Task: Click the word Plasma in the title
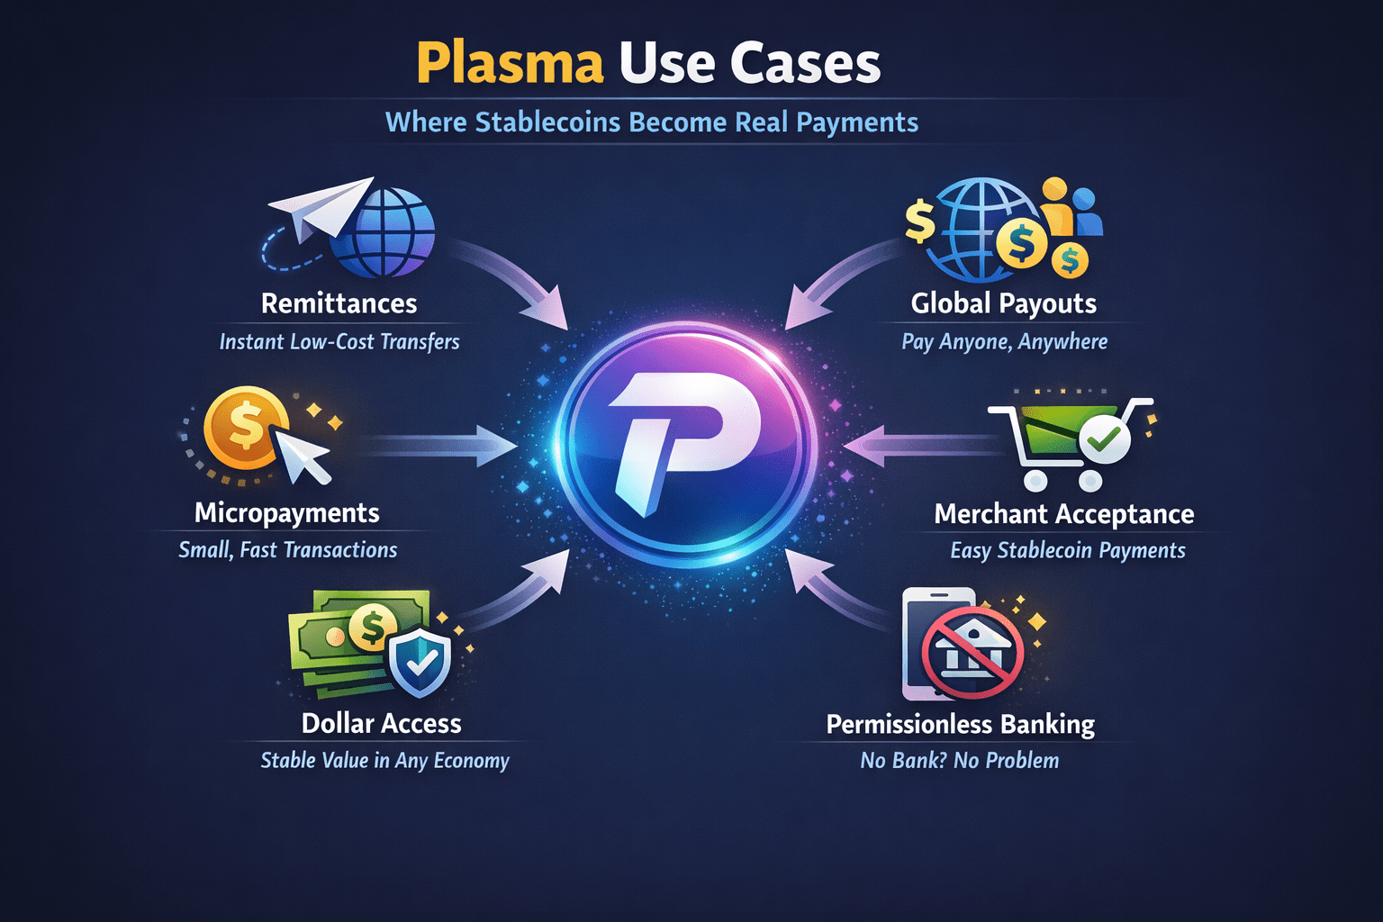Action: click(x=509, y=64)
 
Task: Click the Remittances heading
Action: click(x=339, y=303)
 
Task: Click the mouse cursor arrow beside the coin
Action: click(x=303, y=456)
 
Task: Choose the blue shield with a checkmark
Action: click(x=420, y=663)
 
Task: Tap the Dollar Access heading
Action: click(x=381, y=723)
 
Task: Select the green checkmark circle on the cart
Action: click(x=1104, y=439)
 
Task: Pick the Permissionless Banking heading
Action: click(x=960, y=724)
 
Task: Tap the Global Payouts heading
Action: click(x=1003, y=303)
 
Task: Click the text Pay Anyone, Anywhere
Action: click(x=1004, y=342)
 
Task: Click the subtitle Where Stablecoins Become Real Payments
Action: click(x=651, y=122)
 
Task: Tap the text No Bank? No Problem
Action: click(x=959, y=761)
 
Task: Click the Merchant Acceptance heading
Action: click(x=1063, y=514)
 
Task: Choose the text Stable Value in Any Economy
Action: click(x=384, y=761)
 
